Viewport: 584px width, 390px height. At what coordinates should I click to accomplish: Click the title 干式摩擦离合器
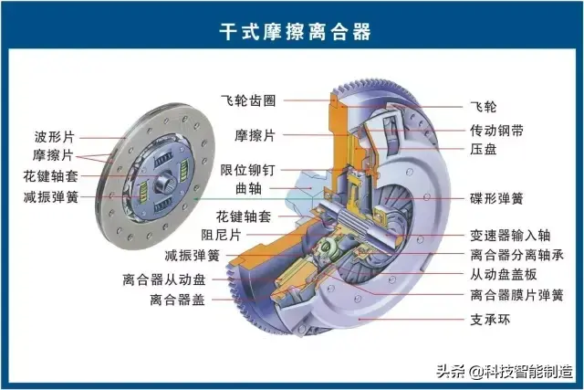coord(295,32)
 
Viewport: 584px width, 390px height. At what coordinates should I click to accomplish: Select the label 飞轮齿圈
coord(248,100)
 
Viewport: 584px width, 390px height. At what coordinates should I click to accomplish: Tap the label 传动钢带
coord(496,131)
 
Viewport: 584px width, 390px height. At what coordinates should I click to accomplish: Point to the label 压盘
coord(484,149)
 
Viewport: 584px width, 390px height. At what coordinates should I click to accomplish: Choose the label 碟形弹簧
coord(496,198)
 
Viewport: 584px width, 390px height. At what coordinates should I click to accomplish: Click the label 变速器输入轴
coord(510,236)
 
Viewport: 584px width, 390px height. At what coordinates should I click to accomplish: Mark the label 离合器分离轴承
coord(517,255)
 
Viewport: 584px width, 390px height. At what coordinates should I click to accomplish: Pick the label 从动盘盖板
coord(504,275)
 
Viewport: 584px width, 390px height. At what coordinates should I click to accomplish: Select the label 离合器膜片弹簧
coord(517,295)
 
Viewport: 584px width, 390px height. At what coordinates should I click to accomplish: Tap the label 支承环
coord(490,320)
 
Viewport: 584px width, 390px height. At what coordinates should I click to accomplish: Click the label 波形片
coord(55,137)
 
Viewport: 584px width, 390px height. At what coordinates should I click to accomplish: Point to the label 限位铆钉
coord(247,170)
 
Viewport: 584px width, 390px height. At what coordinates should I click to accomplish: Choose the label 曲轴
coord(248,188)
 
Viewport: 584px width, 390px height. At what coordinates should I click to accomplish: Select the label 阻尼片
coord(221,235)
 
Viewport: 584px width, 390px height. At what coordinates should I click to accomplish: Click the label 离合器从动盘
coord(164,279)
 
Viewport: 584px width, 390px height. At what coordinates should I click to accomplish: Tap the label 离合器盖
coord(178,300)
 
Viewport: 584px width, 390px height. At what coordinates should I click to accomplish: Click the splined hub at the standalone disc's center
coord(164,182)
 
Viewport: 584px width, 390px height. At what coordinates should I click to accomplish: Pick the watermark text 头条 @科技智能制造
coord(505,372)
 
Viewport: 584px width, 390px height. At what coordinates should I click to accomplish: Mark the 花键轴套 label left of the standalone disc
coord(51,176)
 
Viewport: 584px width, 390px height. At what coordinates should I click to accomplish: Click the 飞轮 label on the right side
coord(484,107)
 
